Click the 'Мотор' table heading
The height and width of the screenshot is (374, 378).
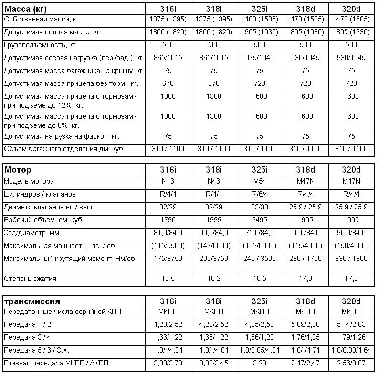tap(18, 170)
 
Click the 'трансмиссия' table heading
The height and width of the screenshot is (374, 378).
tap(32, 301)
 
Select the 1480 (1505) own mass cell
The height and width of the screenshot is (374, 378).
tap(259, 20)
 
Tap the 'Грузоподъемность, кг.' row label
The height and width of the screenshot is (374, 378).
tap(40, 45)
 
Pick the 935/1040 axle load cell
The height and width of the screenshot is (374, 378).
tap(259, 58)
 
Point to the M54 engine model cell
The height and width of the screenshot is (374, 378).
tap(259, 182)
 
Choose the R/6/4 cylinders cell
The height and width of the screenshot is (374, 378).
tap(259, 195)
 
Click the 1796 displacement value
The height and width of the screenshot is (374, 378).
tap(167, 220)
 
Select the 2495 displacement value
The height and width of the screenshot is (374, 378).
tap(259, 220)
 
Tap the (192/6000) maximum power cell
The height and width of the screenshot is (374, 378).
tap(259, 246)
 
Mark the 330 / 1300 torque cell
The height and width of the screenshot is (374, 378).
tap(351, 259)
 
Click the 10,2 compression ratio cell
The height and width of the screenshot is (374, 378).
tap(213, 278)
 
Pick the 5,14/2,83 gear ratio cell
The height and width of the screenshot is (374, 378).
tap(351, 324)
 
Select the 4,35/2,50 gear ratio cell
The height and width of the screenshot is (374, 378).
tap(259, 324)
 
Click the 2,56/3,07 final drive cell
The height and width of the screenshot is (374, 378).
tap(351, 363)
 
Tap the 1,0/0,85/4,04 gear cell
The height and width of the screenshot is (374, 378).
tap(259, 350)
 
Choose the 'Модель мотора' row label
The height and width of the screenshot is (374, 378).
tap(29, 182)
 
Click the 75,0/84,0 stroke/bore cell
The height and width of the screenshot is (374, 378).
tap(259, 233)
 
